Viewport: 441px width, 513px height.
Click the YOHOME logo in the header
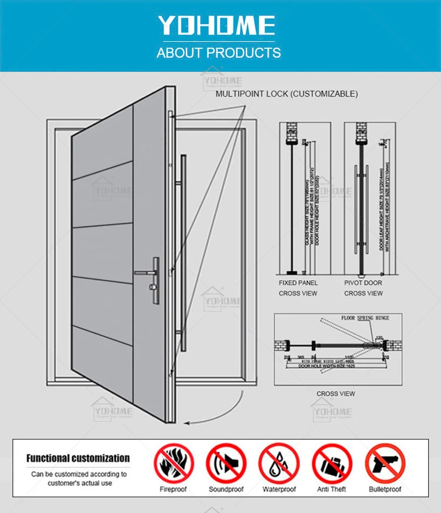click(216, 26)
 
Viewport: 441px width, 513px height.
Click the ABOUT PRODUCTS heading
click(219, 53)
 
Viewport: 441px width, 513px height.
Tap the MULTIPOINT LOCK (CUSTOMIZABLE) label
click(286, 94)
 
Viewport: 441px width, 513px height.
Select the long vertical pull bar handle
click(185, 253)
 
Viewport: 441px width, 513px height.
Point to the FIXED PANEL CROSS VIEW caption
click(298, 288)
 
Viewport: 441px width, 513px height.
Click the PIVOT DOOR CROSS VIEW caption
click(363, 288)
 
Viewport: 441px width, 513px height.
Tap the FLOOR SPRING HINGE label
click(365, 318)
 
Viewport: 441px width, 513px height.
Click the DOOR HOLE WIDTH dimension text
click(317, 365)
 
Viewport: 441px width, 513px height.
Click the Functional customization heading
click(78, 458)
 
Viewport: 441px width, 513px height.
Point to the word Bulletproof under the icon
click(385, 489)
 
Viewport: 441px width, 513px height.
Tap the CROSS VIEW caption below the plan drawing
click(336, 394)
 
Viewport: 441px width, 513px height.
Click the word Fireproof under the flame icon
click(173, 489)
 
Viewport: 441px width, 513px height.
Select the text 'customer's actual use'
click(79, 482)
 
